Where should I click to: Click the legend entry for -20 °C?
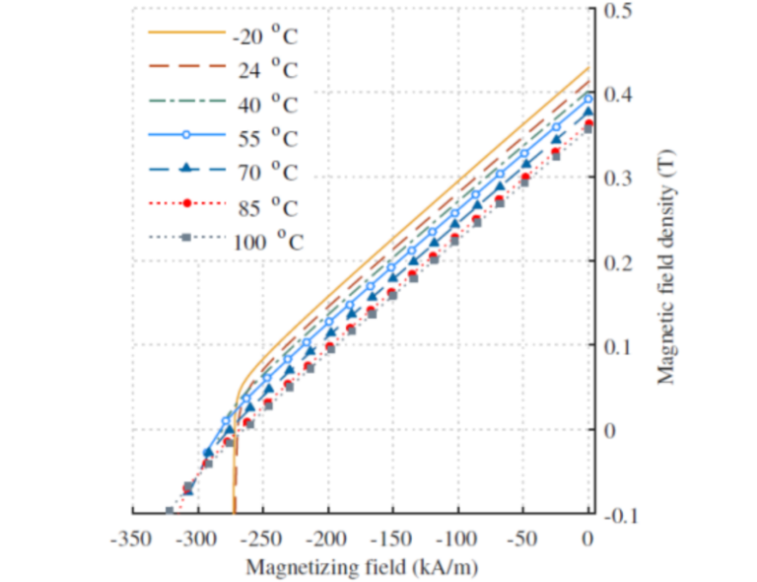click(265, 37)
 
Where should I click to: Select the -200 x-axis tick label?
click(327, 540)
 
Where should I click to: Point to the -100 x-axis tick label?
click(457, 540)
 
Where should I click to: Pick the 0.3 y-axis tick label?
click(617, 179)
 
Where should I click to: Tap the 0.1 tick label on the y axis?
click(617, 346)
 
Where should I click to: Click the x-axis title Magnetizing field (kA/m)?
click(362, 567)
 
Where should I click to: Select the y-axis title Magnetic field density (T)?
click(668, 262)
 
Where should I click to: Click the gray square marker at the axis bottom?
click(169, 511)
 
